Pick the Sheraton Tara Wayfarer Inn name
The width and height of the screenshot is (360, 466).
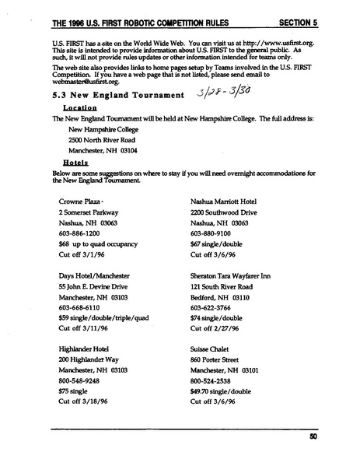coord(236,276)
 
